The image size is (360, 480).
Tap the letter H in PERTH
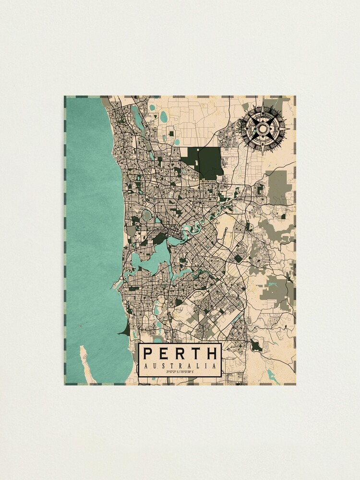[x=212, y=354]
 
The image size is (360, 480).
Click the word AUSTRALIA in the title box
[x=180, y=366]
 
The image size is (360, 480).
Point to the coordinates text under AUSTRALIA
[x=180, y=372]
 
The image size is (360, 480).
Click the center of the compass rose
[x=264, y=128]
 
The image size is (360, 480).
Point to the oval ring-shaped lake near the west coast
[x=147, y=215]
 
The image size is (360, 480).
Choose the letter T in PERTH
[x=196, y=354]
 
